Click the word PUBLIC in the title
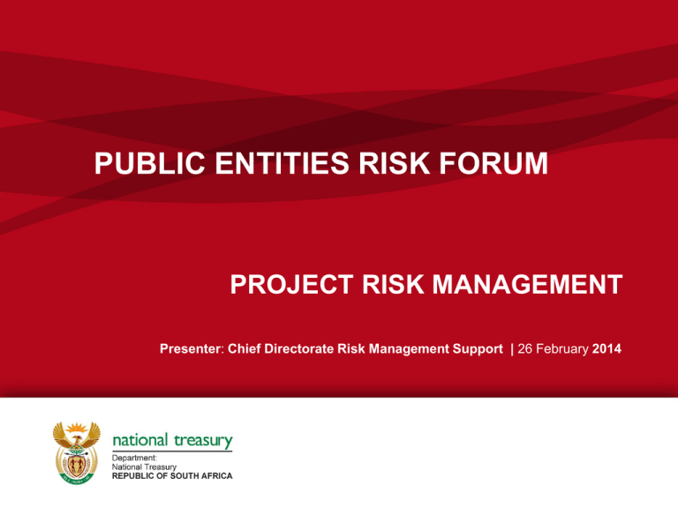click(x=149, y=163)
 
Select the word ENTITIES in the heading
click(x=282, y=163)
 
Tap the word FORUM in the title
click(x=493, y=163)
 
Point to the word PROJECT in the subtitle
click(x=292, y=284)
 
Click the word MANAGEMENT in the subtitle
click(x=528, y=284)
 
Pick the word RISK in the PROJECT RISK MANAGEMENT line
click(x=393, y=284)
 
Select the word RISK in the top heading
click(x=394, y=163)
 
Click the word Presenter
click(x=191, y=348)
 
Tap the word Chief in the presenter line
click(x=244, y=348)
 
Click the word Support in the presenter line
click(x=478, y=349)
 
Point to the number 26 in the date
click(x=525, y=348)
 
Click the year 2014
click(x=607, y=348)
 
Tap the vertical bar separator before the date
click(x=512, y=349)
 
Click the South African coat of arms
click(x=77, y=452)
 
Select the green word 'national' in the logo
click(x=140, y=440)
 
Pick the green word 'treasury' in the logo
click(x=203, y=441)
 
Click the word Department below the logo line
click(x=134, y=458)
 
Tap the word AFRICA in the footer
click(x=215, y=476)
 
